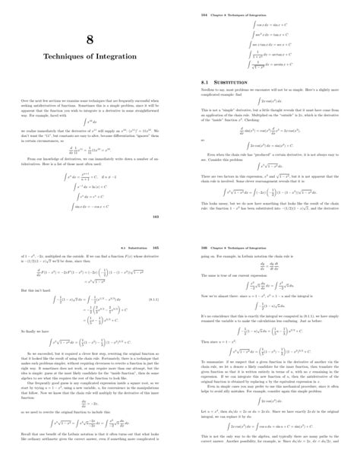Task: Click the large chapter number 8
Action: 89,42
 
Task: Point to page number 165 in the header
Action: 156,247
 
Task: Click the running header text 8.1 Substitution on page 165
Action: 135,247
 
